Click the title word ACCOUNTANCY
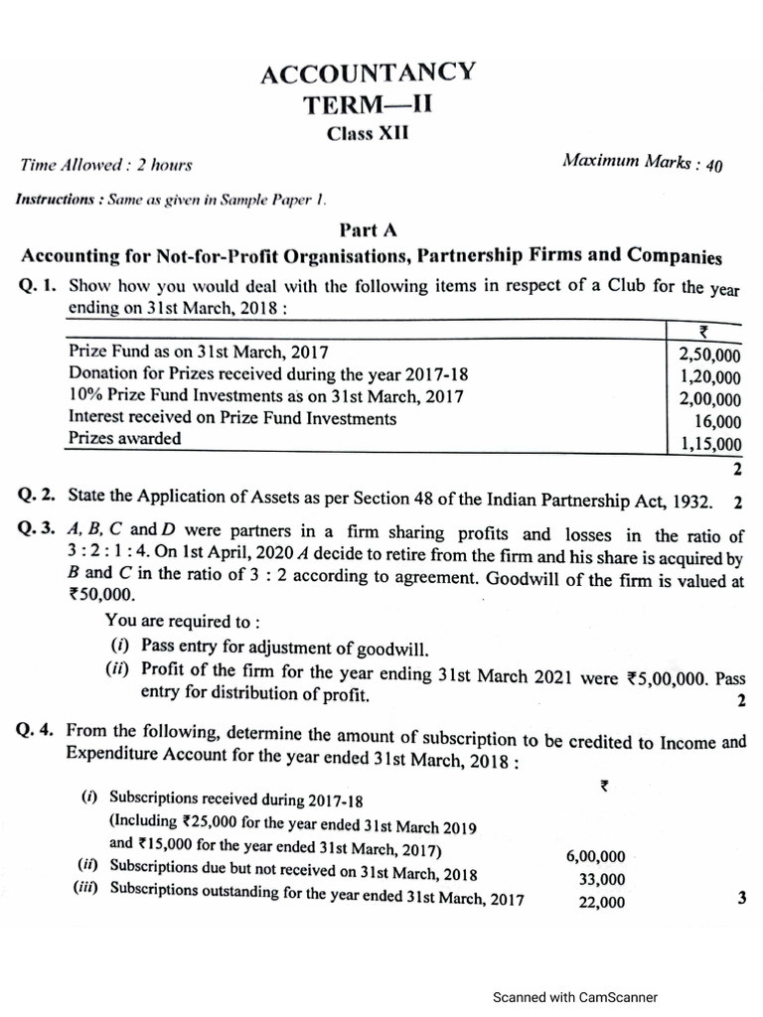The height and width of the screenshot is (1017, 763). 368,73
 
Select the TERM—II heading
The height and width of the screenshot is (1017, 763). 369,104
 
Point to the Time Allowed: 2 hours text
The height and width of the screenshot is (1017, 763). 105,165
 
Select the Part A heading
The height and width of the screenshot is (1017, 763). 368,230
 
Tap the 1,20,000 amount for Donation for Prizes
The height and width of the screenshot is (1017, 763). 709,378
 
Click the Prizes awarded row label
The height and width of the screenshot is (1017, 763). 125,438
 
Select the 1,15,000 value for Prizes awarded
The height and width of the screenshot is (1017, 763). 710,445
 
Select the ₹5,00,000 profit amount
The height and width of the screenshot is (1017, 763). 667,679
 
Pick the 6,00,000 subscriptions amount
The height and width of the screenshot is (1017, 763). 595,856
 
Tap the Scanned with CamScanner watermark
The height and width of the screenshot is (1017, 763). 575,997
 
